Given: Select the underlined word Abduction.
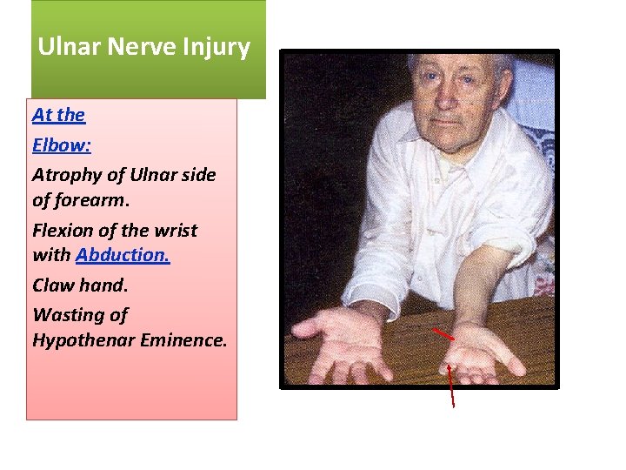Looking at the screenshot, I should coord(123,256).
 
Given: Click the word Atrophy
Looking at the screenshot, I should coord(65,175).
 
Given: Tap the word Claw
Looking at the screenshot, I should coord(54,285).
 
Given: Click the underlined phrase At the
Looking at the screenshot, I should coord(58,115).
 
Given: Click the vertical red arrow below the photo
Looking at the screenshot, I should coord(450,386).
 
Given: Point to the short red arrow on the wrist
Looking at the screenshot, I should coord(443,333).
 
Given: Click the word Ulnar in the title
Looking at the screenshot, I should coord(69,47).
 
